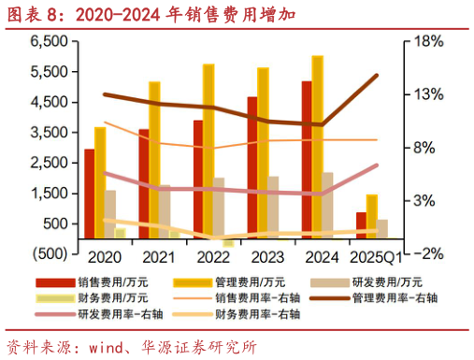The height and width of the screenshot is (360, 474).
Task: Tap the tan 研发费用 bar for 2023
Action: coord(273,207)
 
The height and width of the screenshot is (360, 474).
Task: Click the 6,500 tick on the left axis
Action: coord(50,43)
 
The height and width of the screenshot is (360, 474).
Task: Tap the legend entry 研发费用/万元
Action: coord(387,281)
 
